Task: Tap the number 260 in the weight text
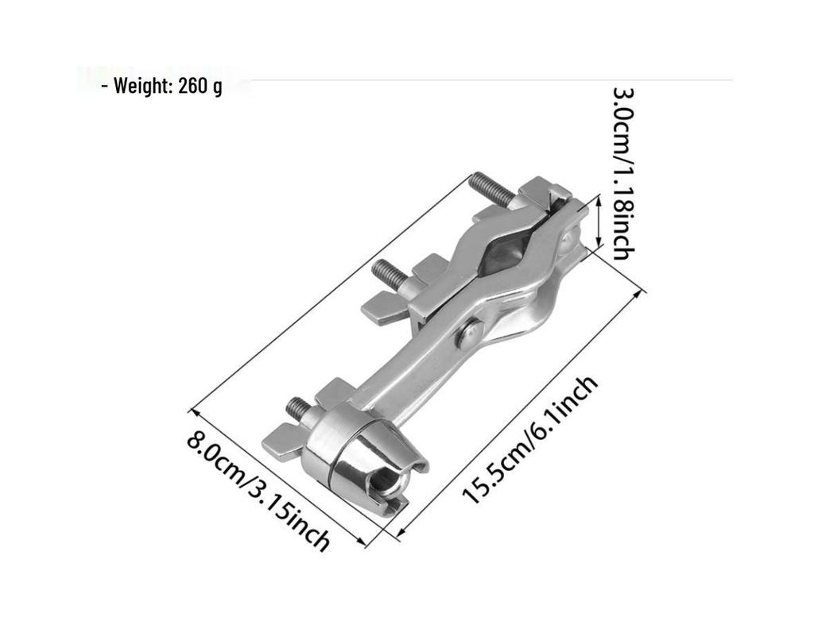coord(193,86)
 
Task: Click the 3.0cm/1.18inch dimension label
coord(623,174)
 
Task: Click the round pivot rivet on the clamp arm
coord(469,334)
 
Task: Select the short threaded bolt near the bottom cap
coord(304,410)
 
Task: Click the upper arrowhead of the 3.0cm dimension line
coord(598,199)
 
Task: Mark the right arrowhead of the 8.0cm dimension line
coord(360,542)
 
